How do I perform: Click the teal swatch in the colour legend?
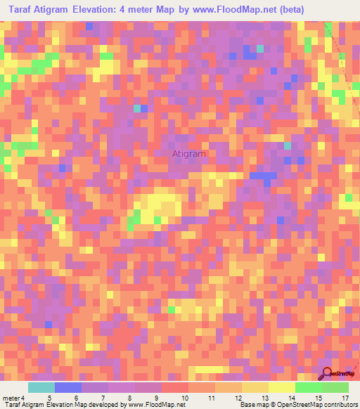point(41,387)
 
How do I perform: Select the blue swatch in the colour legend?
point(68,387)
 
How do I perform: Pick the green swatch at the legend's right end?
point(335,387)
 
